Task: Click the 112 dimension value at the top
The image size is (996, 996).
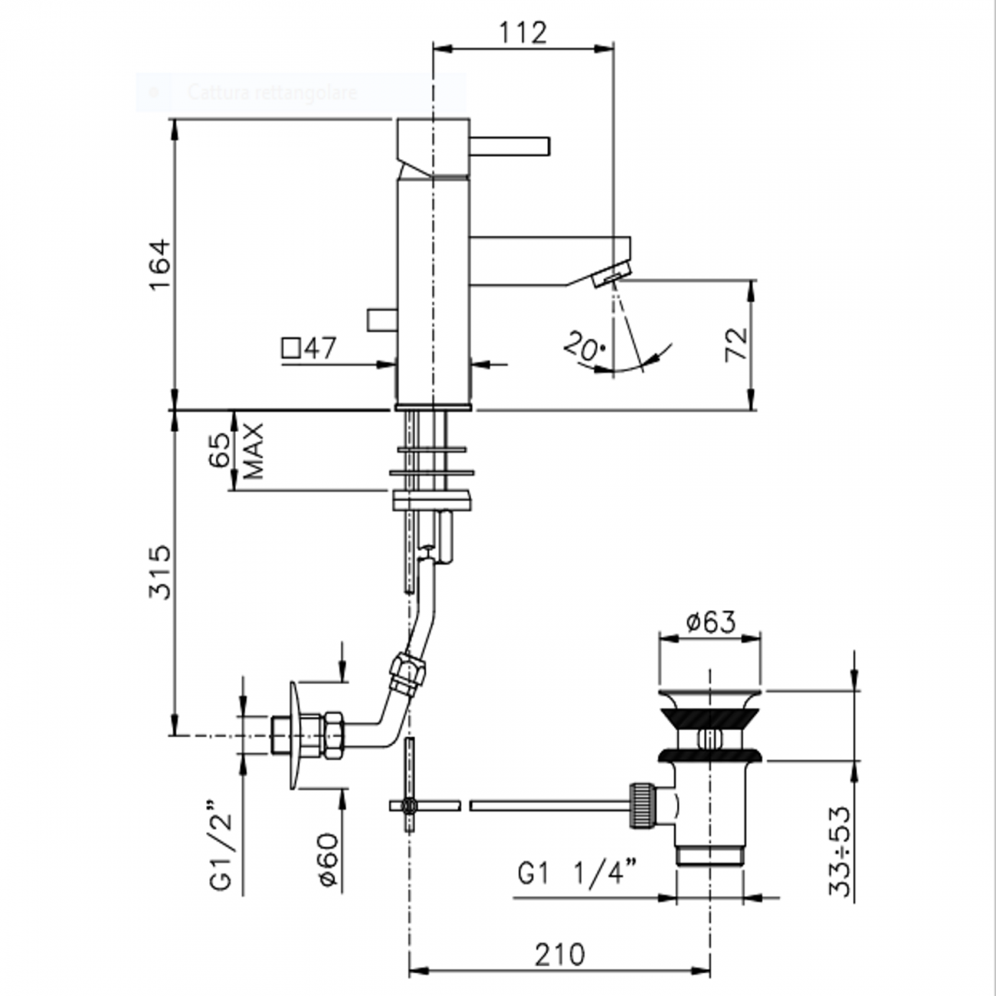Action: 523,33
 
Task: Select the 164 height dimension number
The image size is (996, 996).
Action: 159,264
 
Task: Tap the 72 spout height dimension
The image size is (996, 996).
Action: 736,345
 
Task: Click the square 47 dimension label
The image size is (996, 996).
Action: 310,349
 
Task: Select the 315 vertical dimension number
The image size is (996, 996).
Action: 159,572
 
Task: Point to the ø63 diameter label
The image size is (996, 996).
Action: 710,621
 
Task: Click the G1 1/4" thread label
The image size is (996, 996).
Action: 578,873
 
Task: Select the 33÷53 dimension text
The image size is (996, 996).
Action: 840,850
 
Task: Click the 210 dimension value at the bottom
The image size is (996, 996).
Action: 559,955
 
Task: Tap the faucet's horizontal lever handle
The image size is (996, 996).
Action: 509,146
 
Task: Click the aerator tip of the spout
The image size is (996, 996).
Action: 611,274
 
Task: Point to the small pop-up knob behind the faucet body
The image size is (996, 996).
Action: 380,319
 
